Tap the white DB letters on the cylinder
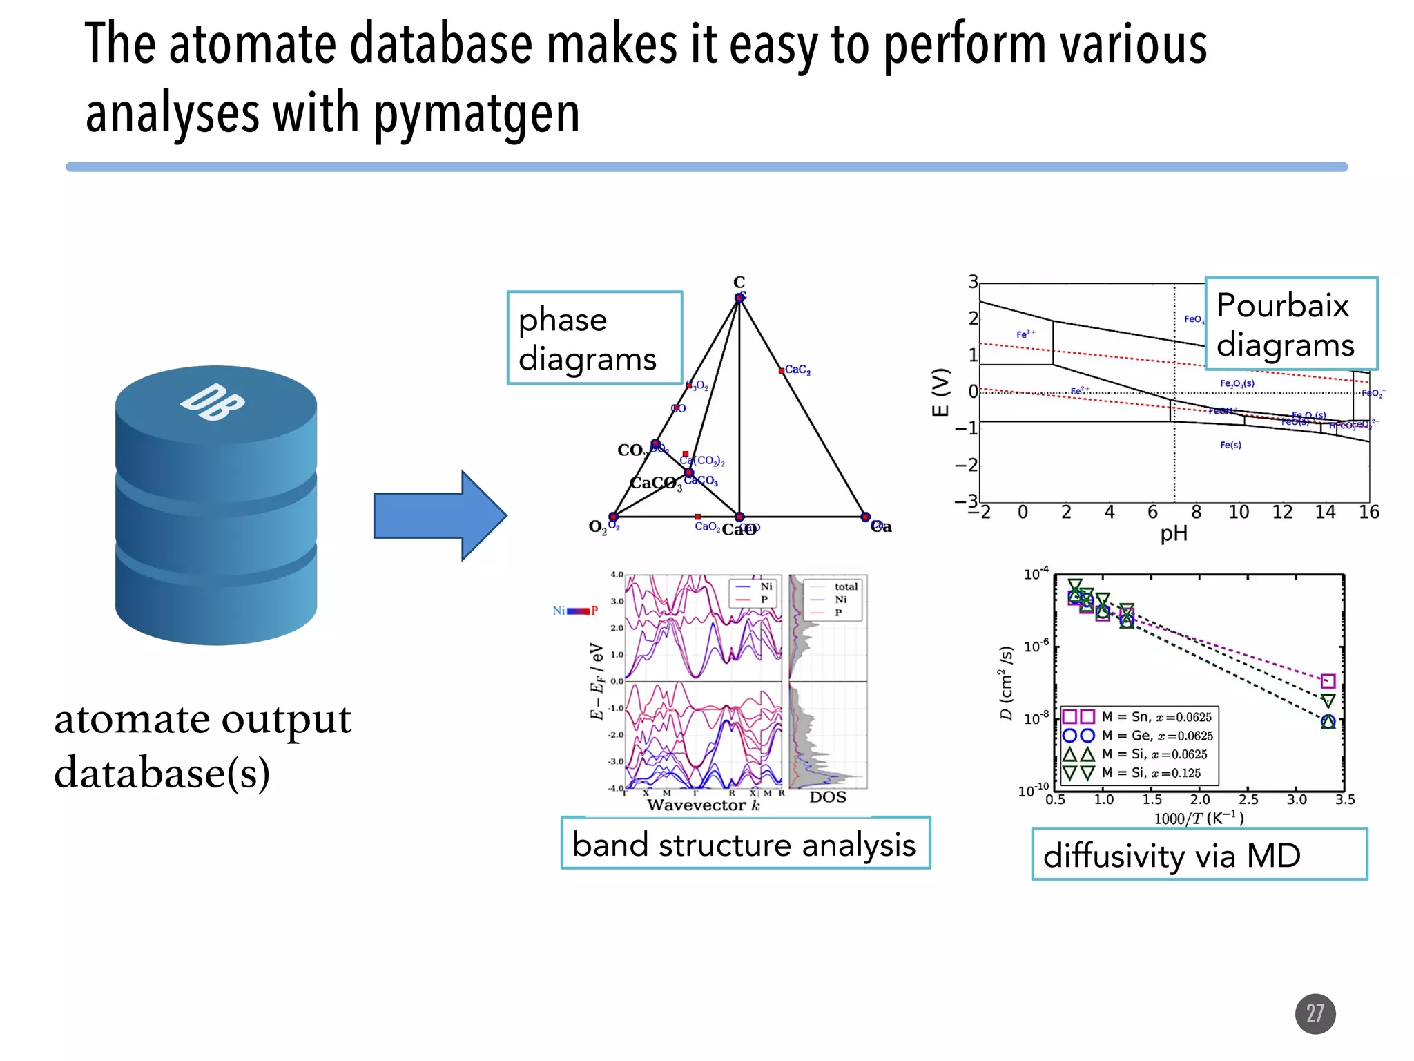[x=212, y=403]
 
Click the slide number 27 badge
[x=1315, y=1013]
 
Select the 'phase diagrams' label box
[x=594, y=338]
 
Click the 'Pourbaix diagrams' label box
[x=1290, y=324]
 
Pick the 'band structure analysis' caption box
[x=745, y=844]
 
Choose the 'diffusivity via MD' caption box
[x=1199, y=855]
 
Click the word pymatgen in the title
[x=477, y=113]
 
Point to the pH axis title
[x=1174, y=533]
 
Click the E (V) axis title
[x=940, y=392]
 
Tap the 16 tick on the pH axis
[x=1368, y=512]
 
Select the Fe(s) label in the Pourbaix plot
[x=1230, y=445]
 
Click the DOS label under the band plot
[x=828, y=797]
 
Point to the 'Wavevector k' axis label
[x=704, y=805]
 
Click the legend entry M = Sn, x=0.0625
[x=1156, y=717]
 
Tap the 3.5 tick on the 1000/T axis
[x=1344, y=800]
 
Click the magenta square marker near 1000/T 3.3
[x=1328, y=681]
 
